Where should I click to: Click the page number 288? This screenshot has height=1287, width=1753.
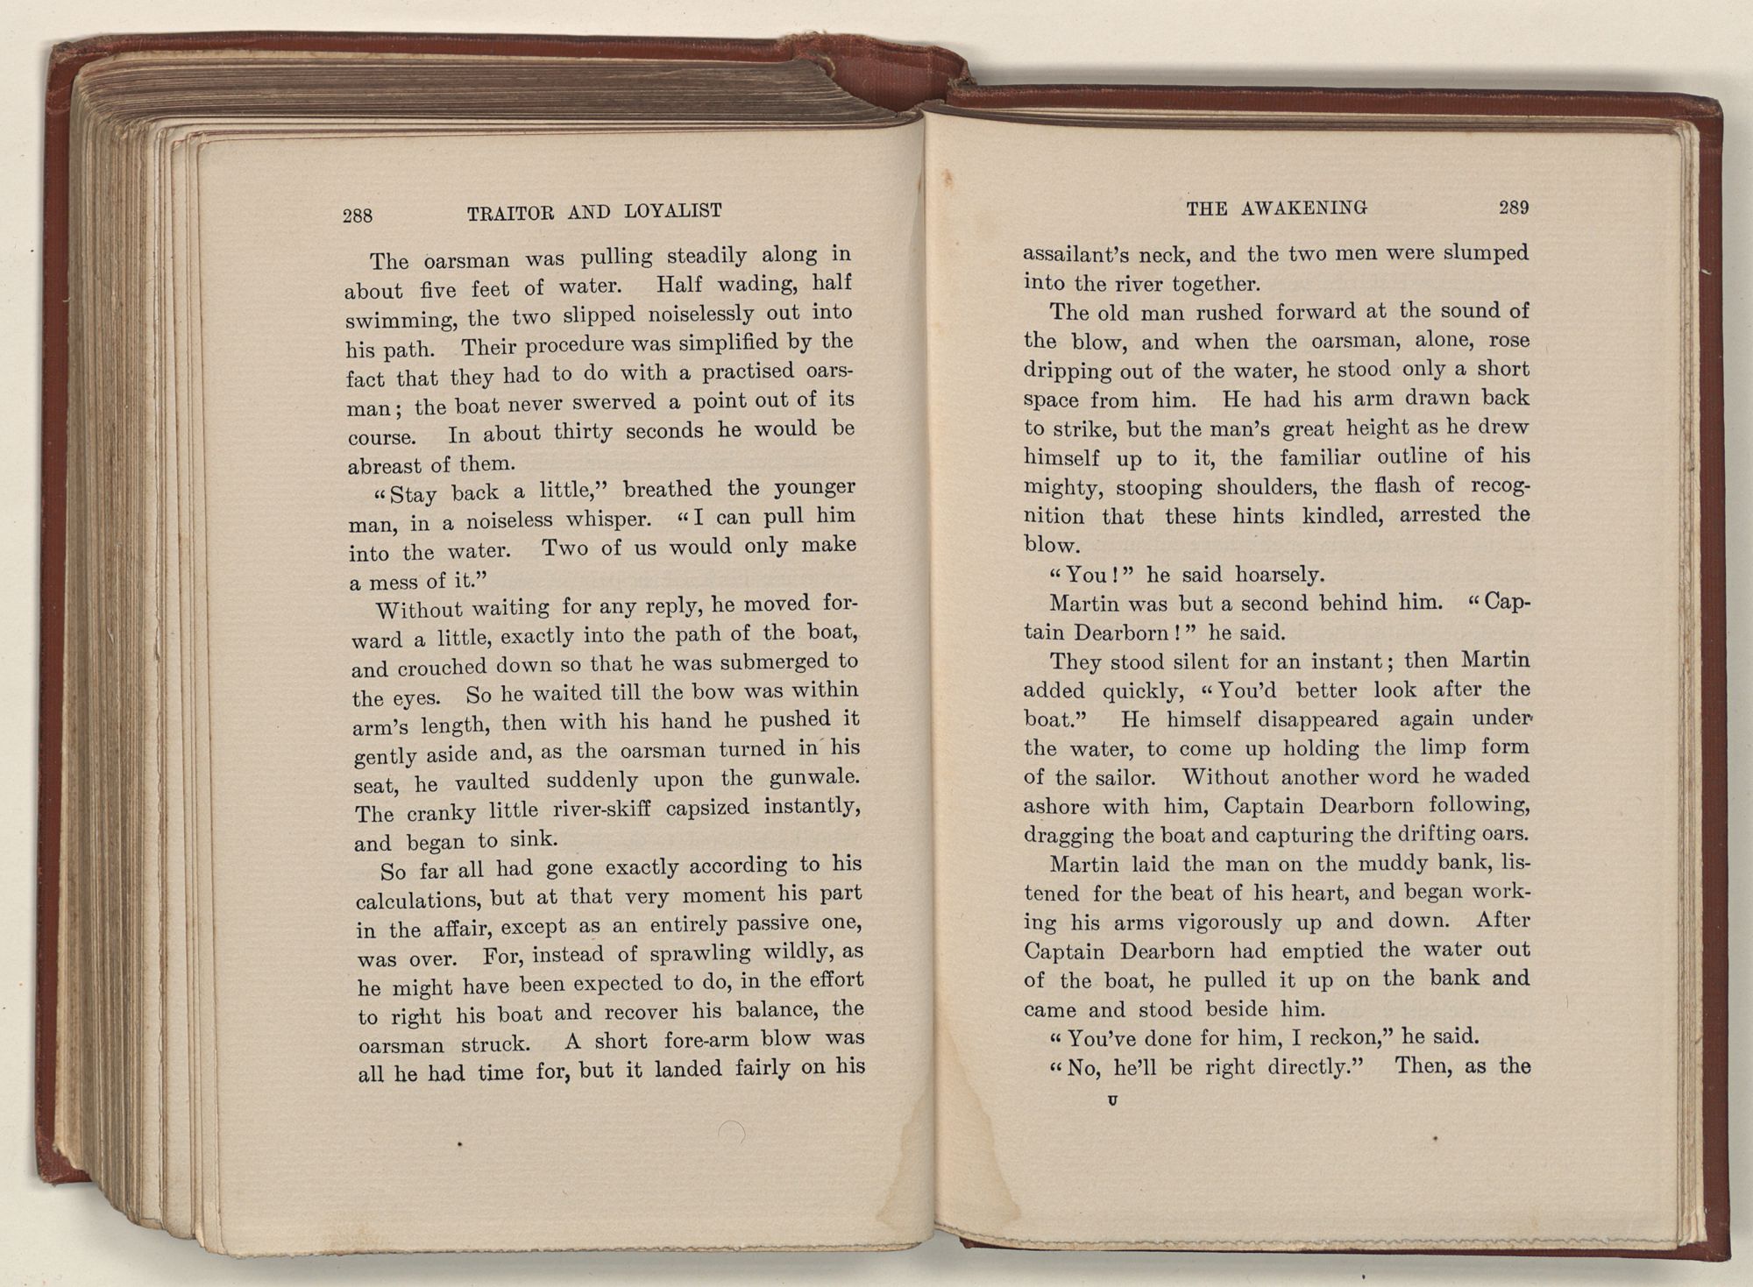[x=358, y=216]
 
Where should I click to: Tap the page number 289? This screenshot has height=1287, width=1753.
[x=1514, y=208]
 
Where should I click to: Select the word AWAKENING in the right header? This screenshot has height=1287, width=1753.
[x=1304, y=209]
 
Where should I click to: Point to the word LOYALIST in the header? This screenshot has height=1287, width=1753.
[x=673, y=210]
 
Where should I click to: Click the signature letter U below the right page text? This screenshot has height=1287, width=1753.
[x=1112, y=1100]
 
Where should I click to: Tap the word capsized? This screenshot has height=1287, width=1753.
[x=707, y=807]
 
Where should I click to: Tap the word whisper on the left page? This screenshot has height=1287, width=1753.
[x=607, y=520]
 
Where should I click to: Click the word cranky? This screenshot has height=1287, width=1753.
[x=441, y=812]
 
